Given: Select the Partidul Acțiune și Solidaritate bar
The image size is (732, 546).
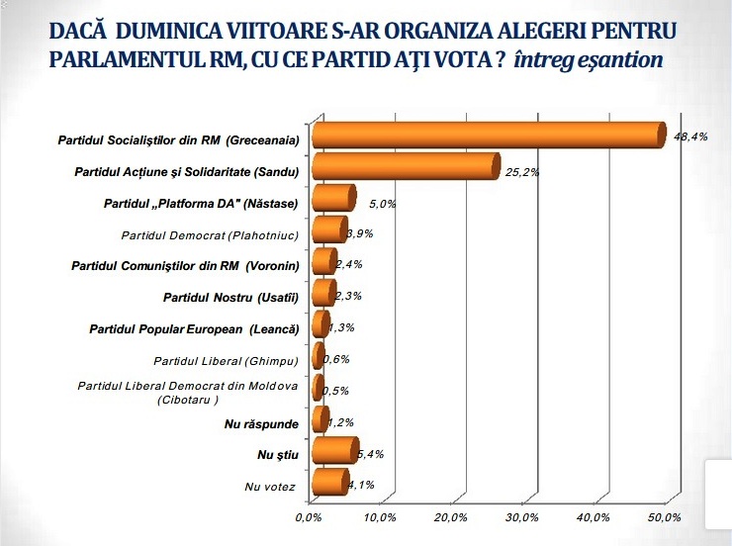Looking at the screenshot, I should pos(406,169).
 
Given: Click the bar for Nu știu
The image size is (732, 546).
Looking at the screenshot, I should pos(334,453).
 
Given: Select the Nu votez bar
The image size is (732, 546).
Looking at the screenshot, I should pos(329,485).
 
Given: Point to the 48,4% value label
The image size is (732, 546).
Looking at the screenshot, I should pos(690,137).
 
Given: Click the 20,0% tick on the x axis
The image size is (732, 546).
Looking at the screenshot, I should pos(450,517).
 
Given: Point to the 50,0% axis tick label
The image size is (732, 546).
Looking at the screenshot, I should pos(664,517).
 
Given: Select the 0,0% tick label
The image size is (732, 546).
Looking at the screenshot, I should pos(309,517).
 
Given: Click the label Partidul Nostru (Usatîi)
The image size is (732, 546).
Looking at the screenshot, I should pos(233,296).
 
